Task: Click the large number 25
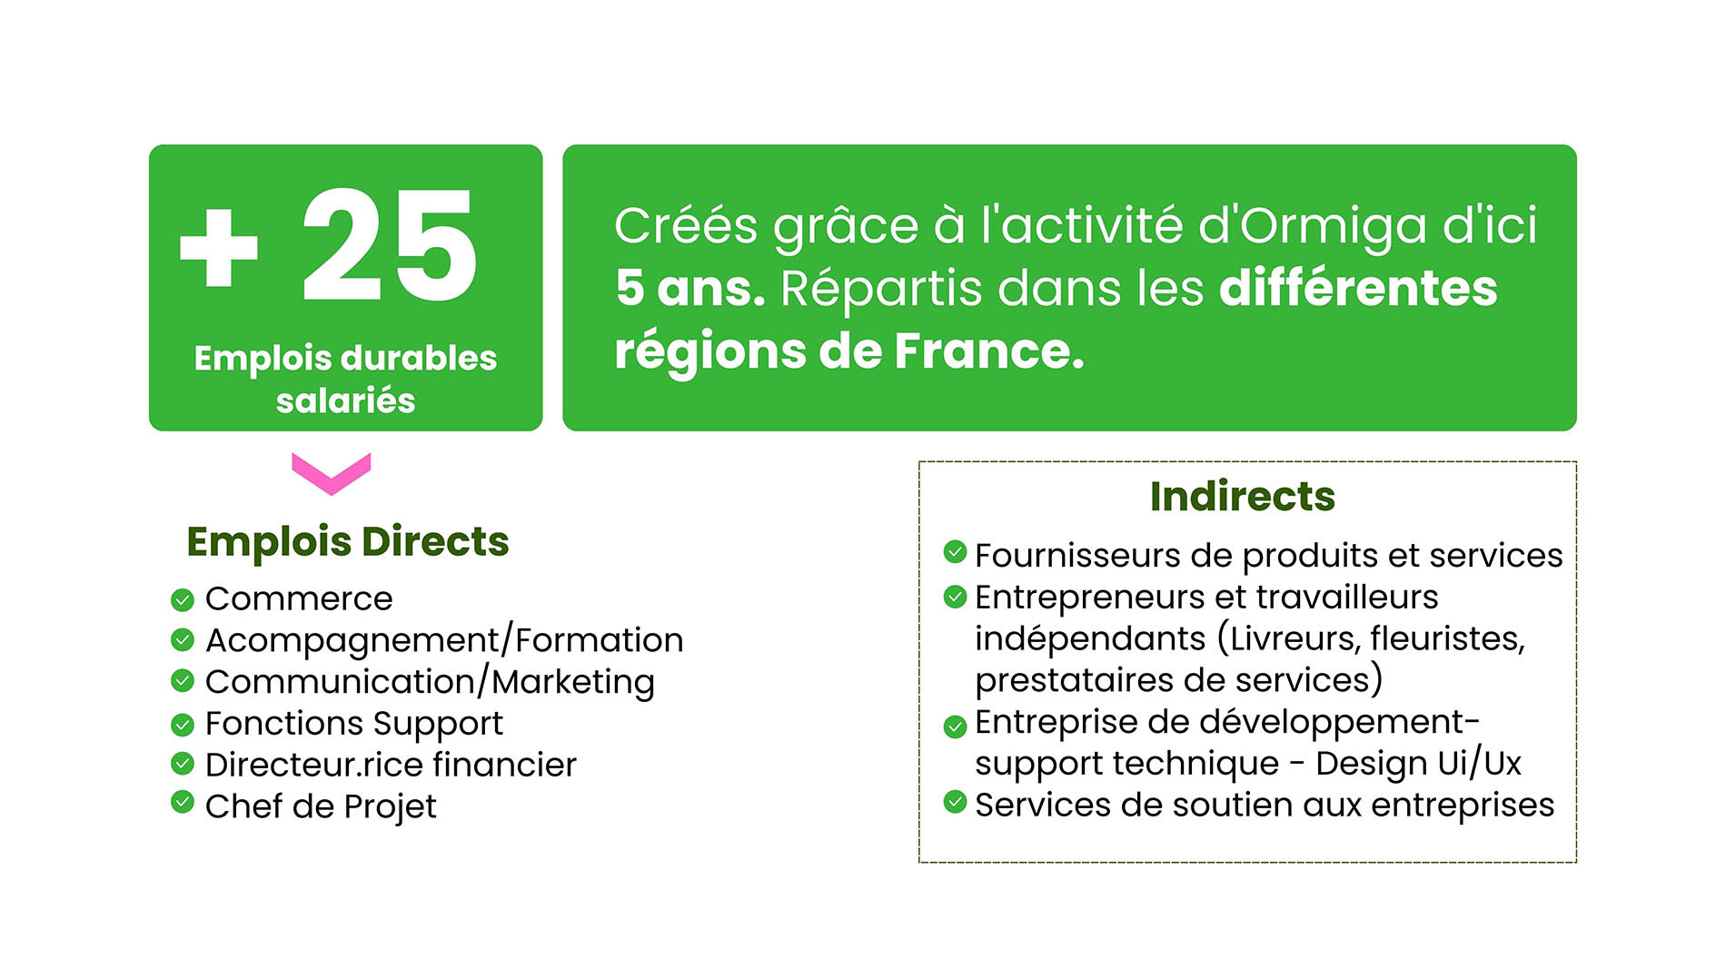pos(390,245)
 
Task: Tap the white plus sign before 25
pos(219,247)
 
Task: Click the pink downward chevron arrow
pos(332,473)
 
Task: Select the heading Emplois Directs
pos(348,541)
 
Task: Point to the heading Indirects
pos(1243,496)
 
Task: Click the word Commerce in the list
pos(299,598)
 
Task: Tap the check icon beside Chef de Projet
pos(183,802)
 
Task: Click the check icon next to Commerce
pos(183,599)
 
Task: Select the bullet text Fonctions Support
pos(354,724)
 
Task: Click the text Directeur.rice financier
pos(391,765)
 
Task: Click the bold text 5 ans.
pos(690,288)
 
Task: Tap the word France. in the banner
pos(989,351)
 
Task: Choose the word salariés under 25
pos(346,400)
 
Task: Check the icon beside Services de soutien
pos(955,802)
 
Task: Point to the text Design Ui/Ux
pos(1418,764)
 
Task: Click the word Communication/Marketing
pos(430,682)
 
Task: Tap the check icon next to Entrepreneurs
pos(955,597)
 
